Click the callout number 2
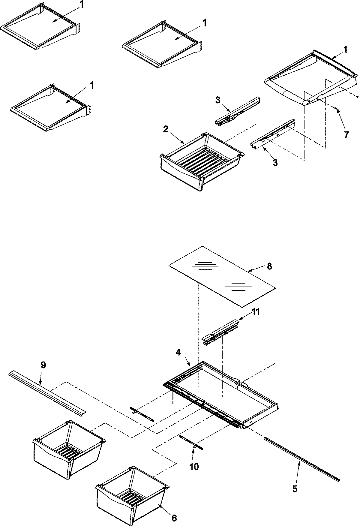166,129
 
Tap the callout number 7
346,135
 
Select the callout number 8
269,266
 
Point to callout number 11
256,312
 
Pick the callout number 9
43,365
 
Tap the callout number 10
194,467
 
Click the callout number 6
174,518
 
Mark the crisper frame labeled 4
222,396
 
